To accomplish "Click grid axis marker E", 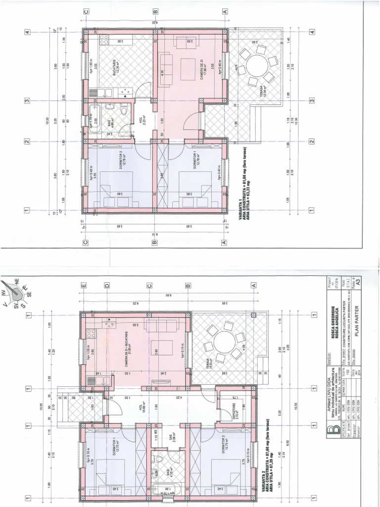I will click(84, 286).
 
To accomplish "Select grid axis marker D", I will click(106, 286).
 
